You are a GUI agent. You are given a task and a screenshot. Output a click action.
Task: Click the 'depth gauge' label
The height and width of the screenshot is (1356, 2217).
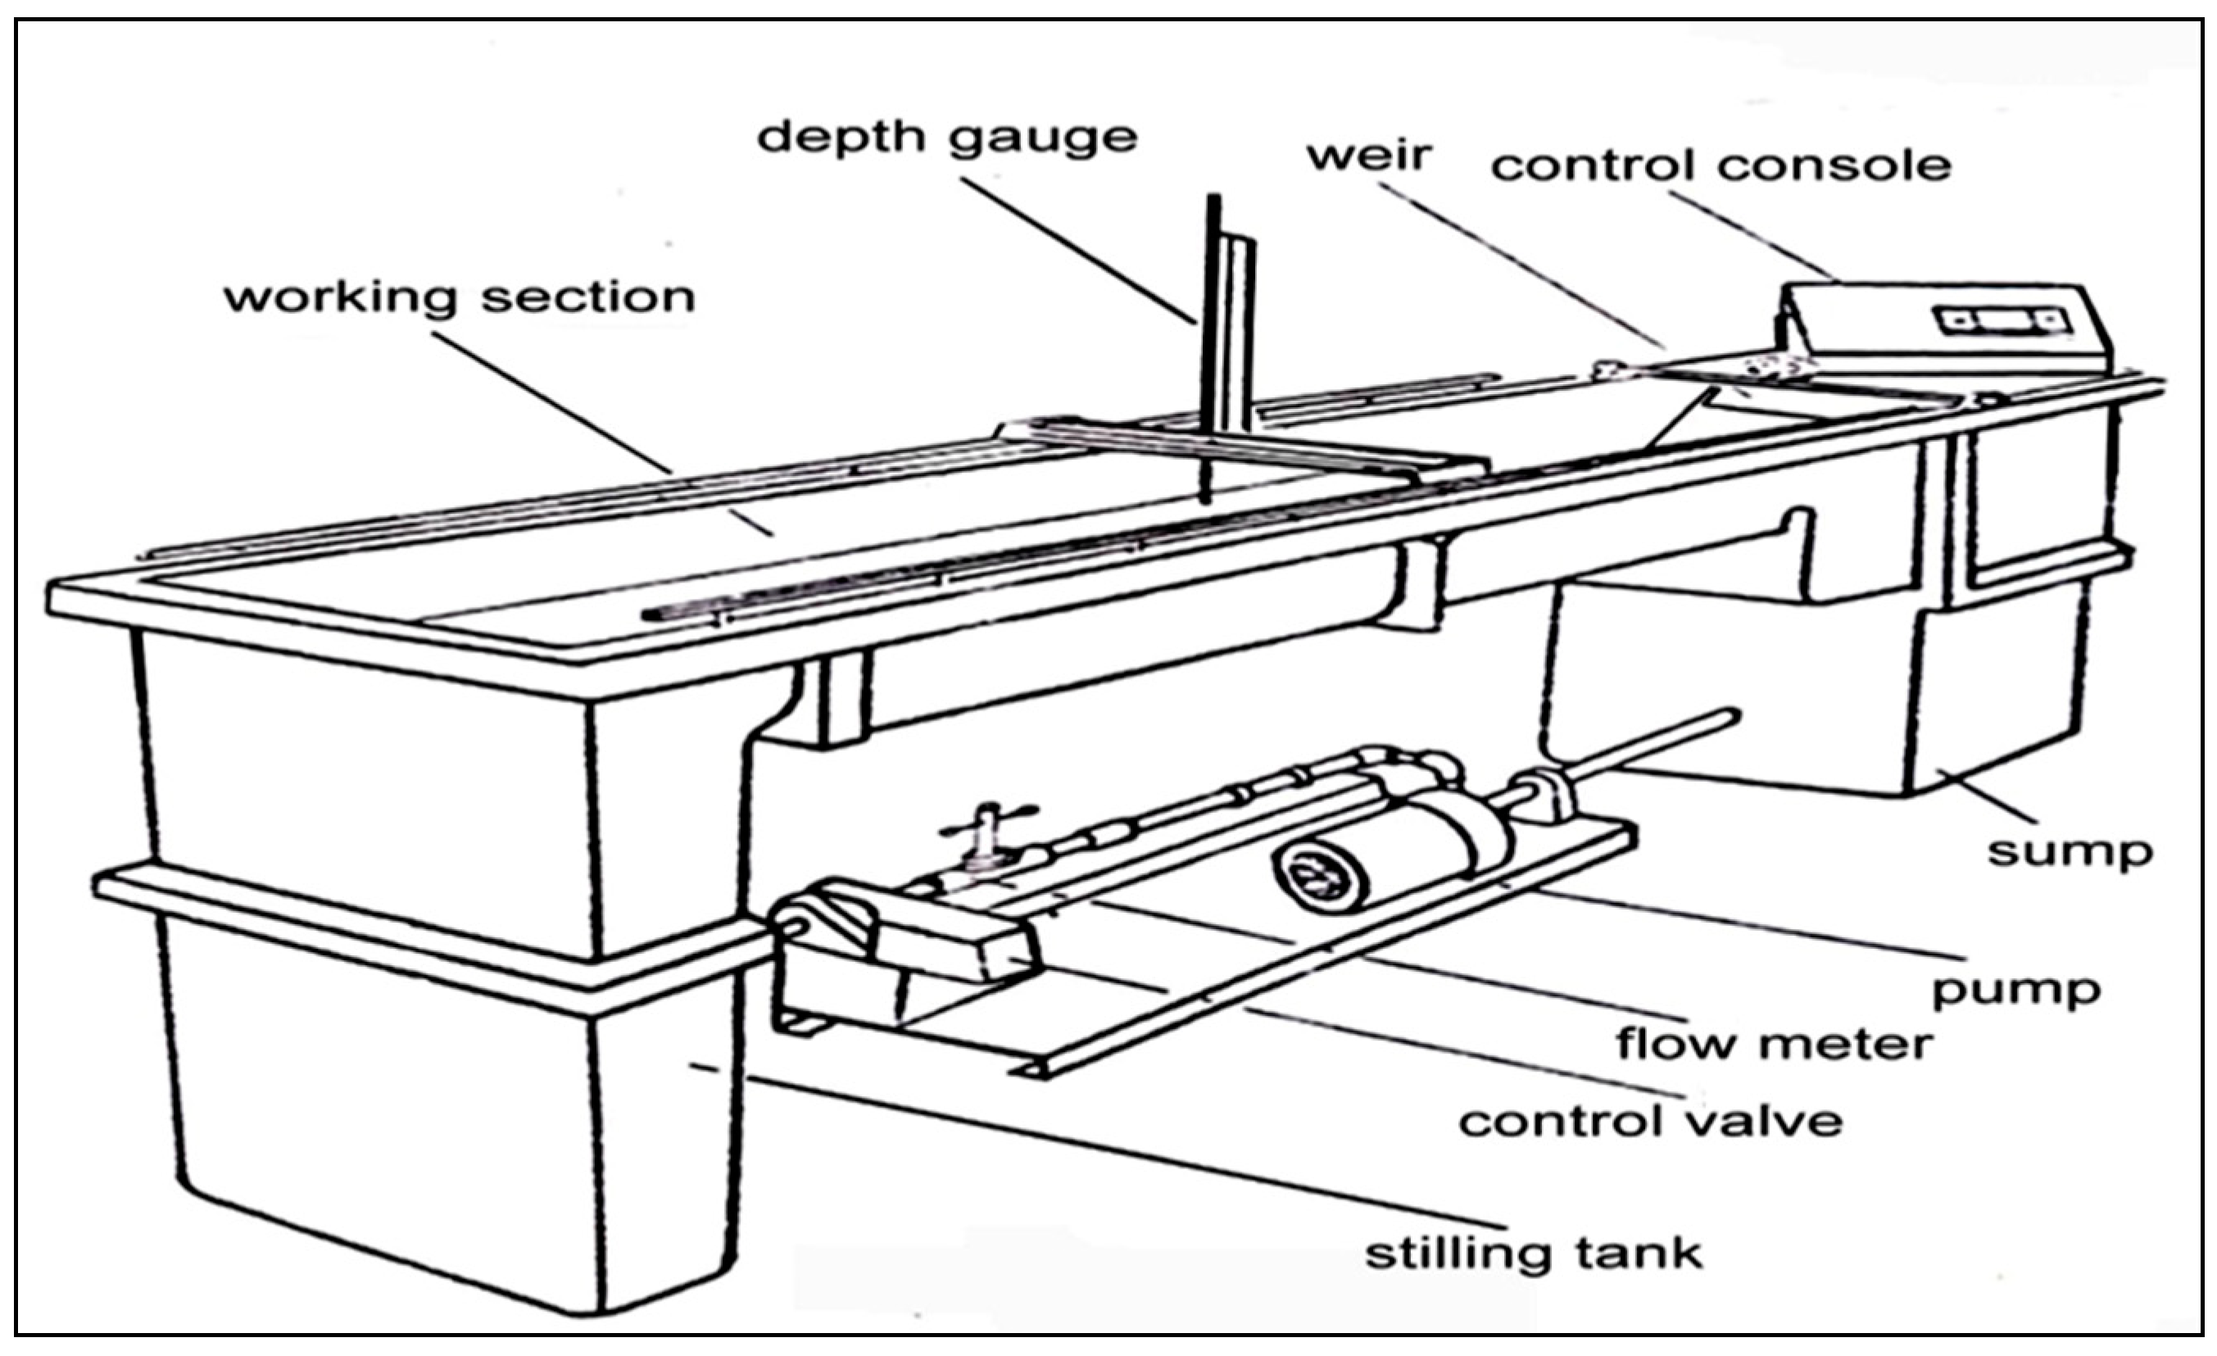pyautogui.click(x=946, y=138)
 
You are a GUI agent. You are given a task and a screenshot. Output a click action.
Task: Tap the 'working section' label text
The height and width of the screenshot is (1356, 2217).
pyautogui.click(x=459, y=297)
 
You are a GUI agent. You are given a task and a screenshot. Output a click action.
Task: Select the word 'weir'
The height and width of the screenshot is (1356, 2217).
pyautogui.click(x=1367, y=155)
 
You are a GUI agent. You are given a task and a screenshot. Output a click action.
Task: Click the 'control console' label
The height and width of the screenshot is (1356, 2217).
pyautogui.click(x=1721, y=166)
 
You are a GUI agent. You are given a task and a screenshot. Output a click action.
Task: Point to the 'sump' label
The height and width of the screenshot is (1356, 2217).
pyautogui.click(x=2070, y=850)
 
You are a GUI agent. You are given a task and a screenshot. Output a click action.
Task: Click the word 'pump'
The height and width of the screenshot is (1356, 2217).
pyautogui.click(x=2015, y=990)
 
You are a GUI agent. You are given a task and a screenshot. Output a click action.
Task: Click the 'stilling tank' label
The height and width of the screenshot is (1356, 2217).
pyautogui.click(x=1533, y=1254)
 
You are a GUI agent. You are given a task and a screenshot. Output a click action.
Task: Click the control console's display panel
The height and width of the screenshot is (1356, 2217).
pyautogui.click(x=2002, y=320)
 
